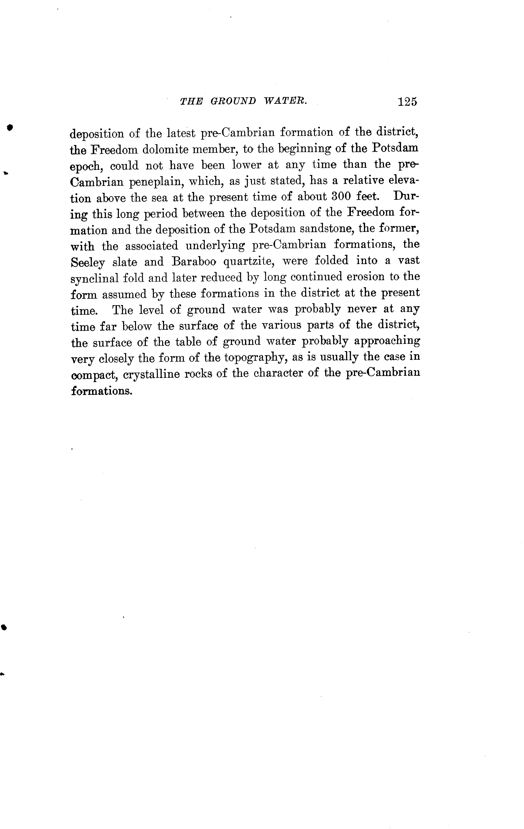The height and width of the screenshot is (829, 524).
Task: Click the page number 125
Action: pos(407,102)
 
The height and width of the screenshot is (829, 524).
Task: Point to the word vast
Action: pos(408,261)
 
